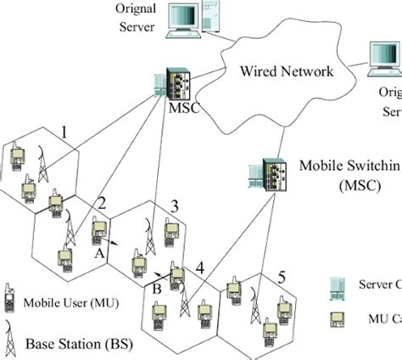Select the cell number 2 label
tap(102, 202)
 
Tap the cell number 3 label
tap(175, 206)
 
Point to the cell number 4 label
tap(199, 267)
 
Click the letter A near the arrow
tap(100, 252)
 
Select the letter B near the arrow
tap(157, 288)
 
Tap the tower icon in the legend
tap(11, 340)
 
